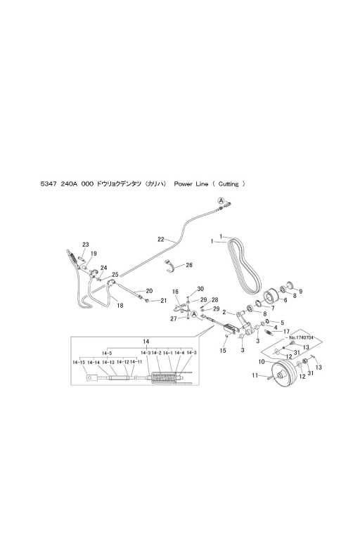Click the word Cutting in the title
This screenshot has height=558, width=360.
click(x=229, y=184)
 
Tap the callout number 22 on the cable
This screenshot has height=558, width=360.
click(x=161, y=239)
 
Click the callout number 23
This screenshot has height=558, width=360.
click(x=86, y=245)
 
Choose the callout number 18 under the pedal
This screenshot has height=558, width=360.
click(x=120, y=305)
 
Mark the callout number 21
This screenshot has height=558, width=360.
click(x=163, y=301)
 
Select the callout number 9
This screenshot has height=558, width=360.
click(x=300, y=292)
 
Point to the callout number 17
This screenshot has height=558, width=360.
click(x=286, y=332)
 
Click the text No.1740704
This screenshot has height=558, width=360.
click(x=301, y=337)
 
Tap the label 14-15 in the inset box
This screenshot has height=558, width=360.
click(x=79, y=362)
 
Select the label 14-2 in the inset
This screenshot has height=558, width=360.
click(x=157, y=353)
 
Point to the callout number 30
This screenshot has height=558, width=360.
click(x=200, y=289)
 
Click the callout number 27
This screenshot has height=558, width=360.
click(x=173, y=319)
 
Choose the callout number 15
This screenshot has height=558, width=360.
click(x=223, y=351)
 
